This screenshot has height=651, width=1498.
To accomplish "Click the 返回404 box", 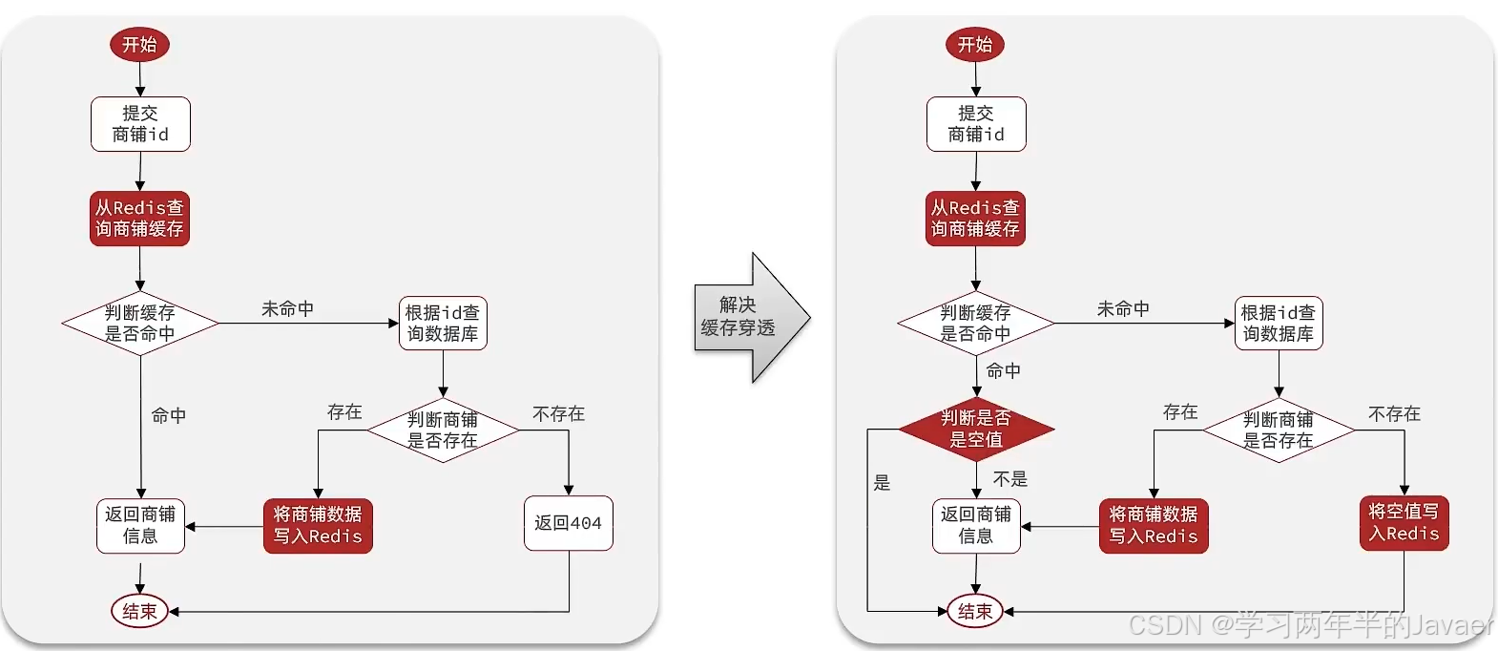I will [x=568, y=523].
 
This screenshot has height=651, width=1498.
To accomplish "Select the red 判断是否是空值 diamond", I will [x=975, y=430].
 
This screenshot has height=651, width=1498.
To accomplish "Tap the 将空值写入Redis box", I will [x=1404, y=523].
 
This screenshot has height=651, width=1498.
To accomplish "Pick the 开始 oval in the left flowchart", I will [x=139, y=44].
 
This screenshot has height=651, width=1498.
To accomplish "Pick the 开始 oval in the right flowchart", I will [x=975, y=44].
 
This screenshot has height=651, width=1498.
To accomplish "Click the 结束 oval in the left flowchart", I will [x=139, y=611].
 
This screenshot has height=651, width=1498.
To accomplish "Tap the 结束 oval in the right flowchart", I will [x=975, y=611].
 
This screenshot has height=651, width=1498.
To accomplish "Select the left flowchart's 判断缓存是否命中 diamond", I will [x=140, y=323].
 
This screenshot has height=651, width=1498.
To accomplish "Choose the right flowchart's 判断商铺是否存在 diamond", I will [x=1278, y=430].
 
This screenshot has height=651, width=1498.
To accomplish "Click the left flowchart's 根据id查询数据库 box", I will [x=443, y=323].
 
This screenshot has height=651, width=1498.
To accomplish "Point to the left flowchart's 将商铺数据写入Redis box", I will [x=318, y=525].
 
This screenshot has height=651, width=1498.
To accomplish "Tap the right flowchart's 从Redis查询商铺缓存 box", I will [x=975, y=219].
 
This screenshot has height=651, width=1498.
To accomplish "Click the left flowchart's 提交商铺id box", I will [x=140, y=124].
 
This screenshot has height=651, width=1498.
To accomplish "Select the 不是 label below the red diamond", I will [x=1009, y=479].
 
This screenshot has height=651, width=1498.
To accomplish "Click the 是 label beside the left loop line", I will [x=883, y=483].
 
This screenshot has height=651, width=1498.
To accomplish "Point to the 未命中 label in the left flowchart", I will [x=287, y=309].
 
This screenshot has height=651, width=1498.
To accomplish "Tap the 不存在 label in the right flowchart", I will [x=1394, y=413].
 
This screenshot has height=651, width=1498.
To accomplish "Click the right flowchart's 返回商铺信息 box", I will [x=975, y=525].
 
